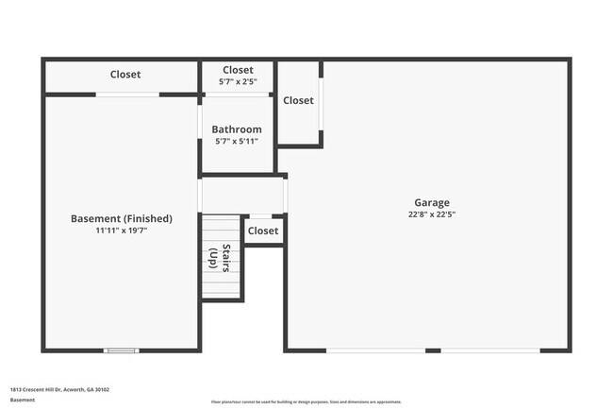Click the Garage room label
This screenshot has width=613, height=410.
point(432,202)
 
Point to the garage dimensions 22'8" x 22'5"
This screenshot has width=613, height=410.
point(432,214)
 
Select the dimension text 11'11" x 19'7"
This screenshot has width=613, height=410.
point(121,231)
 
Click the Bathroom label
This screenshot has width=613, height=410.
point(237,129)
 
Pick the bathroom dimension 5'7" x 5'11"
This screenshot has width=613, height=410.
point(237,142)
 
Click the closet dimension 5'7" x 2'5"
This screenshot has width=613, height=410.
point(238,81)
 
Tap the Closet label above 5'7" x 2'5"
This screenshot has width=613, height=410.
point(238,70)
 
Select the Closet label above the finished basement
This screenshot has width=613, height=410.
point(125,75)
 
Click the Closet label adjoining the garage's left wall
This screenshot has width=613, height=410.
point(298,100)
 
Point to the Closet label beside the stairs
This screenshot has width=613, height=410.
point(263,231)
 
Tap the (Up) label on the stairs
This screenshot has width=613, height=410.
point(213,258)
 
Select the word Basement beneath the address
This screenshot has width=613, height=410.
point(23,401)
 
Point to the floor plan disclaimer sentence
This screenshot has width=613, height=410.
point(306,401)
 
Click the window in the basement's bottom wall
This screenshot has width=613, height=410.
point(120,350)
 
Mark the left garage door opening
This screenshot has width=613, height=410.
point(374,350)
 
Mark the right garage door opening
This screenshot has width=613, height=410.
point(489,350)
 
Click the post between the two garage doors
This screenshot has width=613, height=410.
point(432,350)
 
